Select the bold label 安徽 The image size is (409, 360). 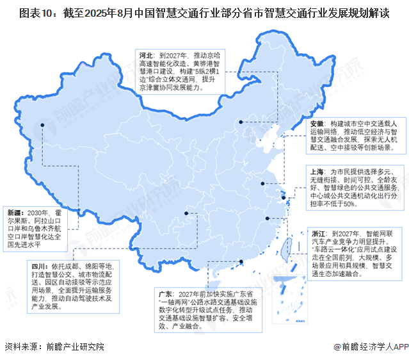[317, 122]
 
